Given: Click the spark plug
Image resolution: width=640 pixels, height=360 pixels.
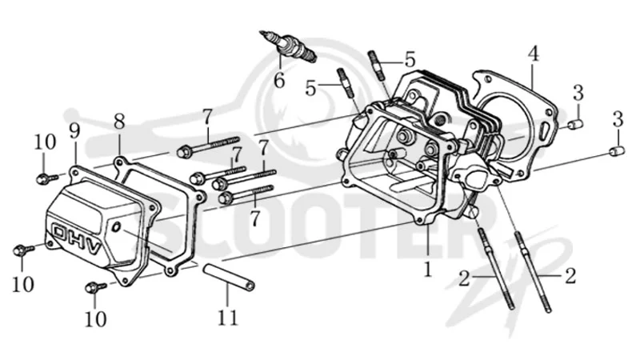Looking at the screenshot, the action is (x=288, y=46).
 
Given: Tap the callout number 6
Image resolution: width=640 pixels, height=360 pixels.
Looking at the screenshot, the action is (x=279, y=81).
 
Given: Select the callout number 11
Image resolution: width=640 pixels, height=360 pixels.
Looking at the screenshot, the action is (x=227, y=317).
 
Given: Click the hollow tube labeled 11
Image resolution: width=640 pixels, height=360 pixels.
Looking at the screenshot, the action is (x=230, y=277).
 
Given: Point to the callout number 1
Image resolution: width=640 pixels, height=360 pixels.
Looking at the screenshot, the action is (x=427, y=270).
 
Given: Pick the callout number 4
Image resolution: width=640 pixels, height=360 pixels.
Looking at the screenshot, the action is (x=532, y=54).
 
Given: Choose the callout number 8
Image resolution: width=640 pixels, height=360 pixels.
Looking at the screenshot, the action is (x=118, y=122).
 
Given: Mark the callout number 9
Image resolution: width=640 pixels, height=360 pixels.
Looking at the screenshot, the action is (x=74, y=130).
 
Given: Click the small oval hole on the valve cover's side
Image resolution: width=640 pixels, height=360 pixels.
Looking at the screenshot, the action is (x=116, y=227).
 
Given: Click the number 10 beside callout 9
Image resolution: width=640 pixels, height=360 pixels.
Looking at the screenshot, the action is (x=45, y=142).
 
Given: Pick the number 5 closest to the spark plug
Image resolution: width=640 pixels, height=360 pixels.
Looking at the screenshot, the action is (x=311, y=88).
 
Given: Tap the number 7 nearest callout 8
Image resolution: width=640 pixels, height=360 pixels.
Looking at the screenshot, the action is (x=207, y=118).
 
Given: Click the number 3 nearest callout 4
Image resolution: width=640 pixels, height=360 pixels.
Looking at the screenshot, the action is (x=578, y=93).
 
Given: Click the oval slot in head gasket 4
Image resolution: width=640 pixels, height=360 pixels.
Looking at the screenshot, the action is (x=544, y=131).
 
